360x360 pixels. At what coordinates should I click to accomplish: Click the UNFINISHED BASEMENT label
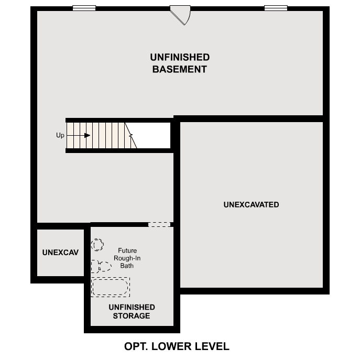180,63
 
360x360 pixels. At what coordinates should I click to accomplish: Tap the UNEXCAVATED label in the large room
251,204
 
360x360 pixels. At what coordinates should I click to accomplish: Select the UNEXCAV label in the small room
60,253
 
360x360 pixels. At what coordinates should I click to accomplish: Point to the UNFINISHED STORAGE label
132,311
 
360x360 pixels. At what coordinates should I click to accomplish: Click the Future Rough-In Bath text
127,258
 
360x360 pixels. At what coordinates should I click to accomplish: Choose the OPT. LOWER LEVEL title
177,346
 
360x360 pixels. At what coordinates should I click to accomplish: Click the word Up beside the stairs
60,135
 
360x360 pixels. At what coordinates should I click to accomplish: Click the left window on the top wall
84,8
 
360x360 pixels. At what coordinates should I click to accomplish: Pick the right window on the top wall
276,8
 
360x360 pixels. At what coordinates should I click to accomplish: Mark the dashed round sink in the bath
97,244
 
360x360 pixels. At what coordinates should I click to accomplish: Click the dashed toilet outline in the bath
100,266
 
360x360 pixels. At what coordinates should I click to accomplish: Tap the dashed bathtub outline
110,287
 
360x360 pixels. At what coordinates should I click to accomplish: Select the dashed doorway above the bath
159,224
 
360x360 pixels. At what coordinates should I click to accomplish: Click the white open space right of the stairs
153,135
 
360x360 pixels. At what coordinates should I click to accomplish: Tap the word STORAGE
132,316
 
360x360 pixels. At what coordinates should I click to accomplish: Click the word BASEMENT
180,69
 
